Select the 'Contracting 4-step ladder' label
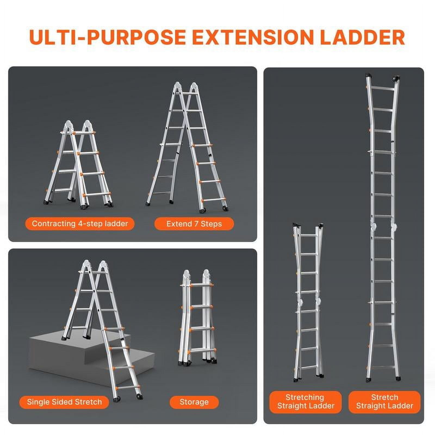tap(80, 224)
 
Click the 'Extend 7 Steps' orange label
tap(194, 224)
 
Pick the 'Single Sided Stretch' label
tap(64, 402)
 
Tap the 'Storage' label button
tap(194, 402)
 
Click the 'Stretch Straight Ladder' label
tap(384, 402)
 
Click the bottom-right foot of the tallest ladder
tap(398, 378)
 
